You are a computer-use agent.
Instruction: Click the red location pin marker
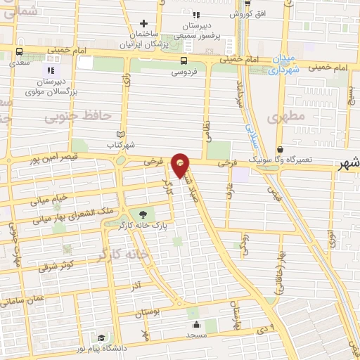(181, 165)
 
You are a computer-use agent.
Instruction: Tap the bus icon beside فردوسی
(184, 60)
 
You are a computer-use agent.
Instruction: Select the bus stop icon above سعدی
(19, 51)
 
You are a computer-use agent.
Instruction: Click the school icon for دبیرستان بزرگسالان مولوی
(50, 70)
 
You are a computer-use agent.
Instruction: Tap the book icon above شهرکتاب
(120, 134)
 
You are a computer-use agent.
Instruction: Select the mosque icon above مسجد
(195, 324)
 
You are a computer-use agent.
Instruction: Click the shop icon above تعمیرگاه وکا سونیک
(280, 150)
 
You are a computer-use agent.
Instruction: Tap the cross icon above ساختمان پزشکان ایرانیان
(145, 23)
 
